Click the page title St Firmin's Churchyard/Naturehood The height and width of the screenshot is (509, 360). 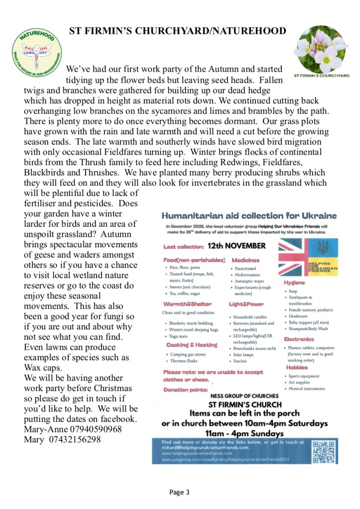point(178,31)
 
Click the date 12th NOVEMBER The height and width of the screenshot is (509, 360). point(237,246)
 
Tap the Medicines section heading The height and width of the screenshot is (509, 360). point(244,260)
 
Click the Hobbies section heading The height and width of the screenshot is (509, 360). point(297,367)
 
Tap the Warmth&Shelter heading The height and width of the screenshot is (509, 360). point(189,304)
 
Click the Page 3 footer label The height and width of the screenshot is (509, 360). point(179,493)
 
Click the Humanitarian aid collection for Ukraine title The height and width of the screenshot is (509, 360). point(249,216)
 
